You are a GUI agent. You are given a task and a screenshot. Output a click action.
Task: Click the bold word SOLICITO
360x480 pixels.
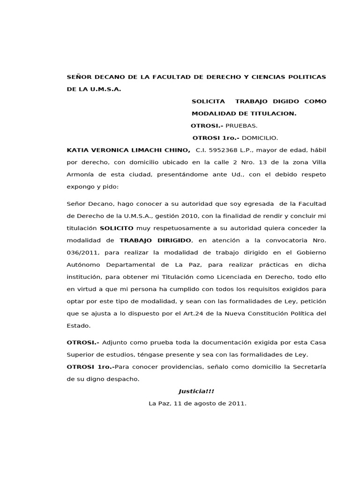click(x=117, y=228)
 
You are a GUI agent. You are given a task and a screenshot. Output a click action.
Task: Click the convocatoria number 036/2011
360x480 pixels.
click(x=82, y=252)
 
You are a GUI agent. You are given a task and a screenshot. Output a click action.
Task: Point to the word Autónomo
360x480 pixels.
click(x=83, y=264)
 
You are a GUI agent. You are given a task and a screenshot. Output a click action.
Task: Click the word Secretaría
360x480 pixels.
click(x=305, y=367)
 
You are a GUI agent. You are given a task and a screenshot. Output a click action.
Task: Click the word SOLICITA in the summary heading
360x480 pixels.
click(x=208, y=101)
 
